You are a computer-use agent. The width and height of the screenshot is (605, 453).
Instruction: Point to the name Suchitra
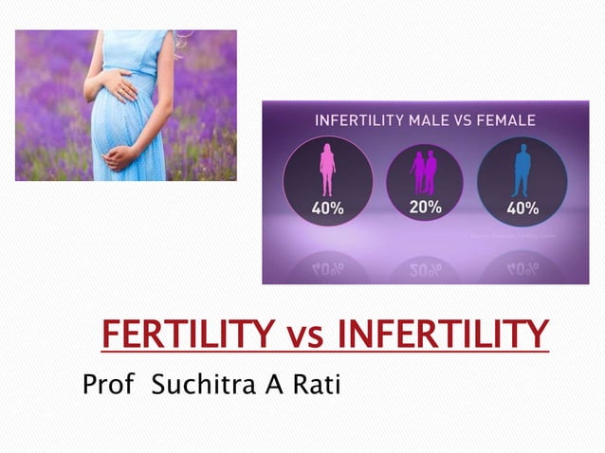(x=195, y=386)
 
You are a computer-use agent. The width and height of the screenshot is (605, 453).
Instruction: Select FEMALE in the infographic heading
(x=504, y=120)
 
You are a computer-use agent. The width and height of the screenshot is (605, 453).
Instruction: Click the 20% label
(x=424, y=207)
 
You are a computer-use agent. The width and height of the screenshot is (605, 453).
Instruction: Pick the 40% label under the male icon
(x=522, y=208)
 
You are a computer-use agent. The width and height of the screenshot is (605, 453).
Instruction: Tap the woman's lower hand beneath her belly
(x=121, y=155)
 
